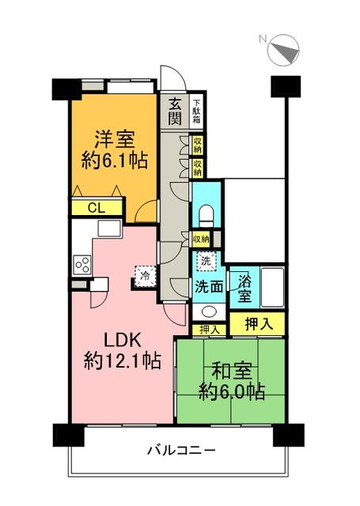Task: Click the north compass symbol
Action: click(283, 51)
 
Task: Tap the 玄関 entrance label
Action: click(175, 111)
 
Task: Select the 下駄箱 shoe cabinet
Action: click(196, 111)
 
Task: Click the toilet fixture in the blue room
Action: click(207, 217)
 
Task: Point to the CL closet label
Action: click(97, 208)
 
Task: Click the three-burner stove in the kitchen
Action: click(82, 265)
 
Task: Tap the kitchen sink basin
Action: click(109, 228)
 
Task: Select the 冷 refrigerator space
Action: click(146, 276)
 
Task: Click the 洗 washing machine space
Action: click(206, 261)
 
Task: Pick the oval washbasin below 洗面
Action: click(209, 312)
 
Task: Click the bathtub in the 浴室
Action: click(272, 287)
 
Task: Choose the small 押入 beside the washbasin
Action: click(209, 330)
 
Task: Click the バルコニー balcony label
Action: click(181, 450)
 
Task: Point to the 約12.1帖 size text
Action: click(122, 361)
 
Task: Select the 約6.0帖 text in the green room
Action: click(232, 391)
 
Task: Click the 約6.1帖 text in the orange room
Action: click(115, 160)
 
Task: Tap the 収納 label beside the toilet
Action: click(201, 240)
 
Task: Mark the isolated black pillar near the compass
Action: click(286, 86)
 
